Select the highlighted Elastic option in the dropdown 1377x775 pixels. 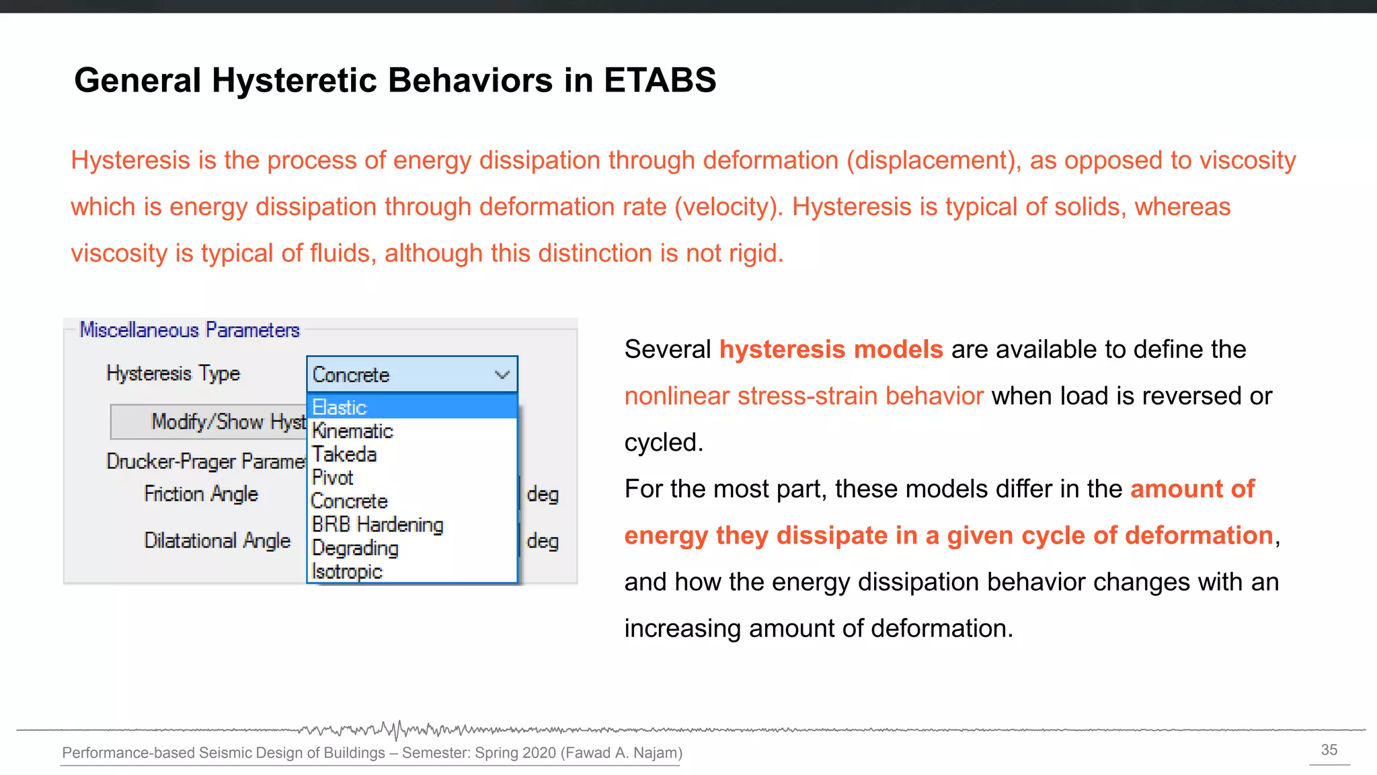(340, 407)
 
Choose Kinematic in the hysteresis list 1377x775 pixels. (352, 431)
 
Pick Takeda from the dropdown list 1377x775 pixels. (344, 454)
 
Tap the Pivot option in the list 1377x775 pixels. (332, 478)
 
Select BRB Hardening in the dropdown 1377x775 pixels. (377, 524)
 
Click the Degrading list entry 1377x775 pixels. (355, 548)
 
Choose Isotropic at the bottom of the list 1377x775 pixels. (347, 571)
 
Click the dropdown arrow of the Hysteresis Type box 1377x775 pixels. (502, 375)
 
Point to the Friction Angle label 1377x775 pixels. (201, 494)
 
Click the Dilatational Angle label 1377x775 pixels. (217, 540)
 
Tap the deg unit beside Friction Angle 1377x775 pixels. (543, 494)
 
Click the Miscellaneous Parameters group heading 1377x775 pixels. (190, 330)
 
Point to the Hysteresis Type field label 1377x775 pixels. (173, 373)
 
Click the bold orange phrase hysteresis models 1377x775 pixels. (831, 349)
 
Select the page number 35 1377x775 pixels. (1329, 750)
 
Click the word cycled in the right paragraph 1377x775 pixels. (662, 443)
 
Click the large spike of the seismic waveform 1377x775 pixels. (397, 730)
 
